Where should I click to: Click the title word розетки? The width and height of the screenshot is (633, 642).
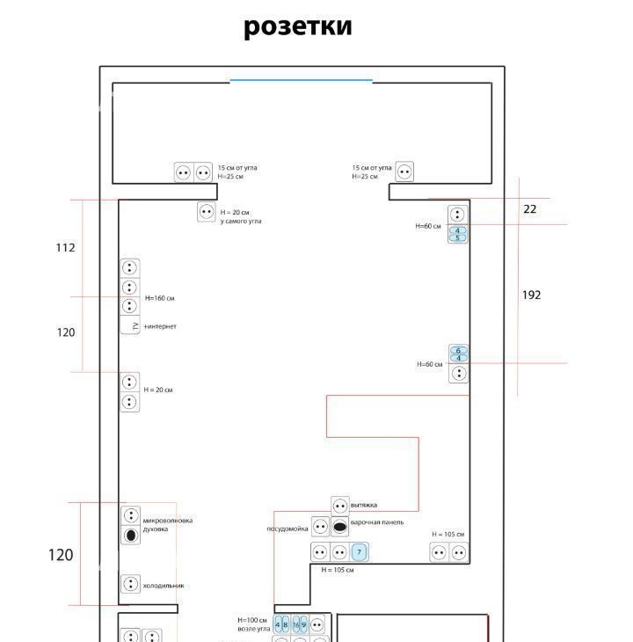[297, 26]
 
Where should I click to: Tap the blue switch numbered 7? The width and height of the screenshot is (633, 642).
[359, 552]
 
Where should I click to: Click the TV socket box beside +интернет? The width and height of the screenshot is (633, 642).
[130, 326]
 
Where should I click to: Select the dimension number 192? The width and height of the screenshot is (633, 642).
[531, 295]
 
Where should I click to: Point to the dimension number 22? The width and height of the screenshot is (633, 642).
[529, 208]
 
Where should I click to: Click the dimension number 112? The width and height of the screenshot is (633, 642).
[66, 248]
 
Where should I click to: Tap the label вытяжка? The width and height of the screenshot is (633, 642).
[364, 505]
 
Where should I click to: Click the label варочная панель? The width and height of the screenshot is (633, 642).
[378, 522]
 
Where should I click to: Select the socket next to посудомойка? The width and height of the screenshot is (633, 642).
[320, 529]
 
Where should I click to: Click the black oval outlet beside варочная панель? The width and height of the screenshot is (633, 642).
[340, 529]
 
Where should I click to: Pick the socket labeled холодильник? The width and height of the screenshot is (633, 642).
[130, 584]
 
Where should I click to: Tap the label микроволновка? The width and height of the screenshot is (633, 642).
[168, 520]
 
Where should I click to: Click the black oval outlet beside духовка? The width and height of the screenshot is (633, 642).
[130, 535]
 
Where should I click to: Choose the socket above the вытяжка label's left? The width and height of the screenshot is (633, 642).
[340, 507]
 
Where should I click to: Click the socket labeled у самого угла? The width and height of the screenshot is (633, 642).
[206, 212]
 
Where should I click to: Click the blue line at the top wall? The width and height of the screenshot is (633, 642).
[301, 81]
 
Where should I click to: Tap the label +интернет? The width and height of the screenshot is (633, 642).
[160, 326]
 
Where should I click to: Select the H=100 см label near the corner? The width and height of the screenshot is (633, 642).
[251, 620]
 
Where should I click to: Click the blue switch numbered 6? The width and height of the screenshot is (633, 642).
[458, 351]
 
